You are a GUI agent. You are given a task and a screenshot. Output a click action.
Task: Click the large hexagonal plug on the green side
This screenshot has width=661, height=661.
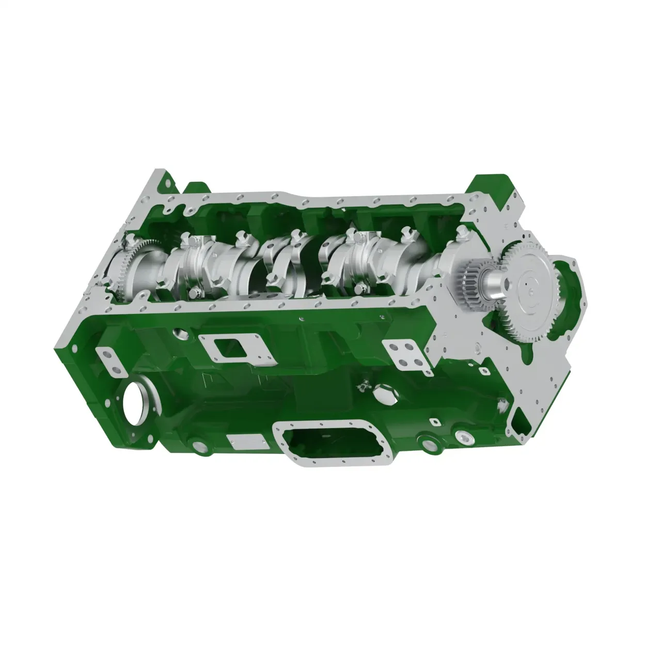coord(385,395)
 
